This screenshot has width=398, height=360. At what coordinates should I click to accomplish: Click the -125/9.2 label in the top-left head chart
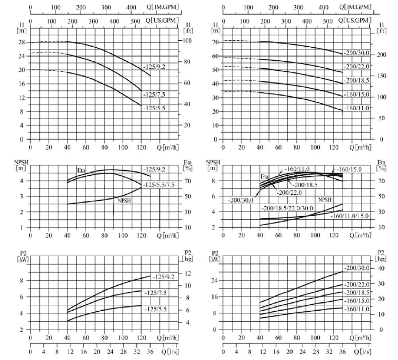click(154, 67)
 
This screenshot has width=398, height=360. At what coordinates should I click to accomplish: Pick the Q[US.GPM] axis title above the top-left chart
click(163, 20)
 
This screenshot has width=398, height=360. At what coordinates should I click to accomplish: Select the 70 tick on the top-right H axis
click(215, 42)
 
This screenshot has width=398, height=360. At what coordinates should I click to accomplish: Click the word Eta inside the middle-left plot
click(82, 171)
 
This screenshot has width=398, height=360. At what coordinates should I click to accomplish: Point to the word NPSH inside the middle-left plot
click(124, 200)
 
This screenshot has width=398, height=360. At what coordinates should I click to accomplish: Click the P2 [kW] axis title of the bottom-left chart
click(21, 256)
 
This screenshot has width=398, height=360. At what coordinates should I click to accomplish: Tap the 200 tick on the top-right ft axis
click(382, 55)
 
